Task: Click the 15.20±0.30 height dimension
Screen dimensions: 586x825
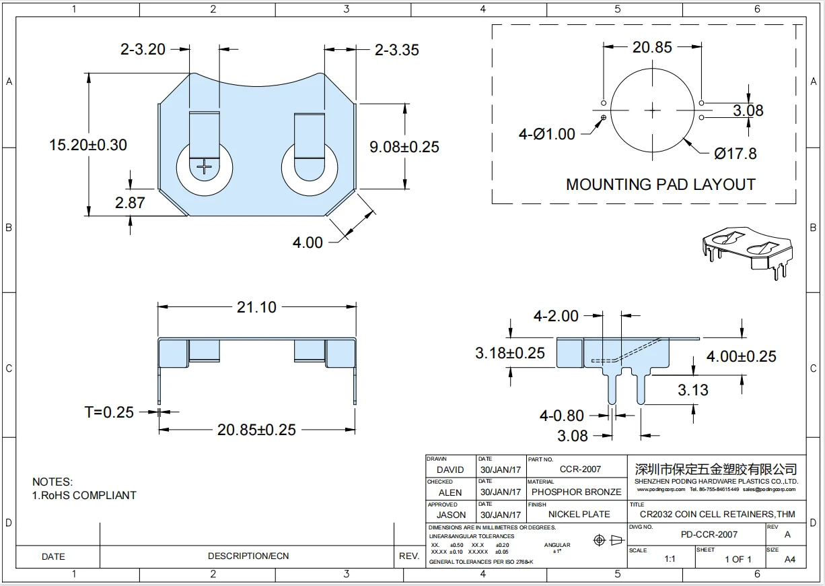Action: click(87, 145)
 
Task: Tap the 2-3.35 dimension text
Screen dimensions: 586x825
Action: click(396, 50)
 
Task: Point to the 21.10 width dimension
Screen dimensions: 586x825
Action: click(256, 307)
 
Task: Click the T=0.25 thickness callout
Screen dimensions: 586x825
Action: click(108, 412)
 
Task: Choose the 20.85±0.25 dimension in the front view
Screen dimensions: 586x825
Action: click(256, 430)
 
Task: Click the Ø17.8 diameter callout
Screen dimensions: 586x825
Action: click(735, 154)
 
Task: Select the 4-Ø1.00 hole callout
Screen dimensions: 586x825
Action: click(546, 134)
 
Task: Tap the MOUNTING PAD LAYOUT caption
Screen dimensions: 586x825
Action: click(660, 185)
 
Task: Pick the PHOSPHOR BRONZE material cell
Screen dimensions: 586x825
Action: click(574, 492)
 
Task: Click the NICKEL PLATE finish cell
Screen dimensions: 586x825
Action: click(579, 514)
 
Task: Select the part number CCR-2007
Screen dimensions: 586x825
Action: click(580, 469)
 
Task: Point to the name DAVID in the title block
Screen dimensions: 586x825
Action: click(450, 469)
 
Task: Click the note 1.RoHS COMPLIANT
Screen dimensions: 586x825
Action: click(84, 495)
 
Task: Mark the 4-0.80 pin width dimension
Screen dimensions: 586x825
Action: click(561, 416)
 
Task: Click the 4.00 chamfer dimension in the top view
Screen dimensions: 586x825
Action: click(308, 242)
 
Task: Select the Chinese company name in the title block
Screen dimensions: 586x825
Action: click(716, 468)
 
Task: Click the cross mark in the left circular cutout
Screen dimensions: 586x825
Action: click(205, 165)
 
